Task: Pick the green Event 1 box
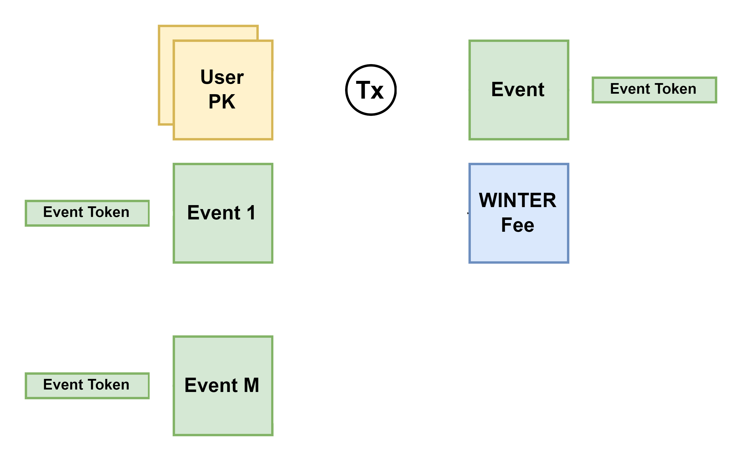coord(223,241)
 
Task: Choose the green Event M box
coord(223,415)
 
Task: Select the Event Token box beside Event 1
coord(87,213)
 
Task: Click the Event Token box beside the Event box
coord(654,90)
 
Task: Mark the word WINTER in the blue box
coord(518,200)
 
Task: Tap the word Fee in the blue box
coord(518,225)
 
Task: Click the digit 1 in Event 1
coord(251,213)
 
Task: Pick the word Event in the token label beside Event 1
coord(63,212)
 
